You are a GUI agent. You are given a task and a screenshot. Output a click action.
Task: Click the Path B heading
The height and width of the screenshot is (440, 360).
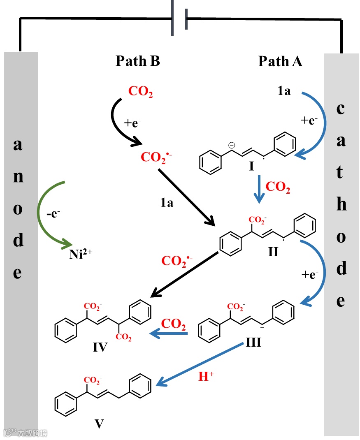(x=137, y=61)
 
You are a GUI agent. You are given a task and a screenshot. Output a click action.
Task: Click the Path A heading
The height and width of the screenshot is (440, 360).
(x=280, y=61)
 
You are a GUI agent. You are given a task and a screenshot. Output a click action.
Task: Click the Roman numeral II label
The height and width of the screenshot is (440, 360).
(x=273, y=251)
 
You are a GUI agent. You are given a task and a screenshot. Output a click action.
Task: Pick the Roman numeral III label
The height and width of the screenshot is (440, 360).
(x=253, y=342)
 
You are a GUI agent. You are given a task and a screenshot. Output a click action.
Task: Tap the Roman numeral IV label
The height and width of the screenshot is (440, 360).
(x=100, y=348)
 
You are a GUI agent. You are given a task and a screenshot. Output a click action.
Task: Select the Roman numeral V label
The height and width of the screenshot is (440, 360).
(x=99, y=424)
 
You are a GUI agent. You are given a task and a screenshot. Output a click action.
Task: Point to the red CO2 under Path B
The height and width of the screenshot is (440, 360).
(x=140, y=91)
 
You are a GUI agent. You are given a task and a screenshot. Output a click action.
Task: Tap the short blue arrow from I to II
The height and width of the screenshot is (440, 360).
(x=259, y=189)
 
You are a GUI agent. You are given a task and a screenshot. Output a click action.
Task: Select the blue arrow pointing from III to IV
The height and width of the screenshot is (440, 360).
(x=169, y=333)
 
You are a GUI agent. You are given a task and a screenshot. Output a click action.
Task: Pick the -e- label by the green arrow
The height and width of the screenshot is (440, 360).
(x=53, y=214)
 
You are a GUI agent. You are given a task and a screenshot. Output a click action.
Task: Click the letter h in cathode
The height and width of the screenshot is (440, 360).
(x=341, y=205)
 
